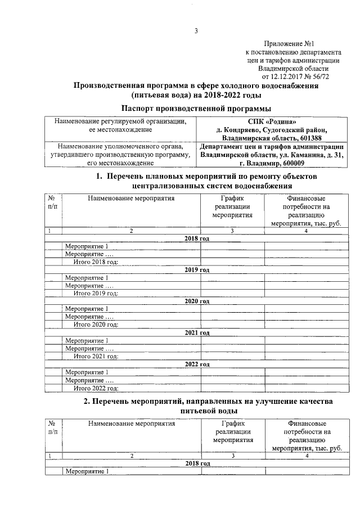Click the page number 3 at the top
(196, 31)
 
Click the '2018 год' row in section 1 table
(197, 238)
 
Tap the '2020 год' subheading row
(197, 301)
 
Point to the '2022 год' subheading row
(197, 364)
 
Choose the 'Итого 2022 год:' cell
(96, 388)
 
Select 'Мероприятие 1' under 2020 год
(86, 309)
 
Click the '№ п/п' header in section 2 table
(53, 427)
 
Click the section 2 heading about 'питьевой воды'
(197, 406)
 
